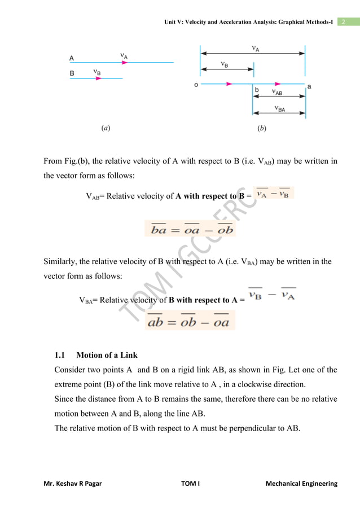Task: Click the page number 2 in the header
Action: pyautogui.click(x=342, y=22)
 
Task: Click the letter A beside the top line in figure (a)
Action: pyautogui.click(x=72, y=58)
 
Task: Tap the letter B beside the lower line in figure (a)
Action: pyautogui.click(x=72, y=73)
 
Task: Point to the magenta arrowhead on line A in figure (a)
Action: pyautogui.click(x=123, y=63)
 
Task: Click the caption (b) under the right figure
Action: pyautogui.click(x=261, y=128)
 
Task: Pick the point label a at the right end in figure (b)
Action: pyautogui.click(x=309, y=86)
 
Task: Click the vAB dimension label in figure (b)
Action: pyautogui.click(x=277, y=92)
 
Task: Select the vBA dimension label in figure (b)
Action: pyautogui.click(x=279, y=109)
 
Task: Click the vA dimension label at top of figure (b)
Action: pyautogui.click(x=256, y=49)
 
